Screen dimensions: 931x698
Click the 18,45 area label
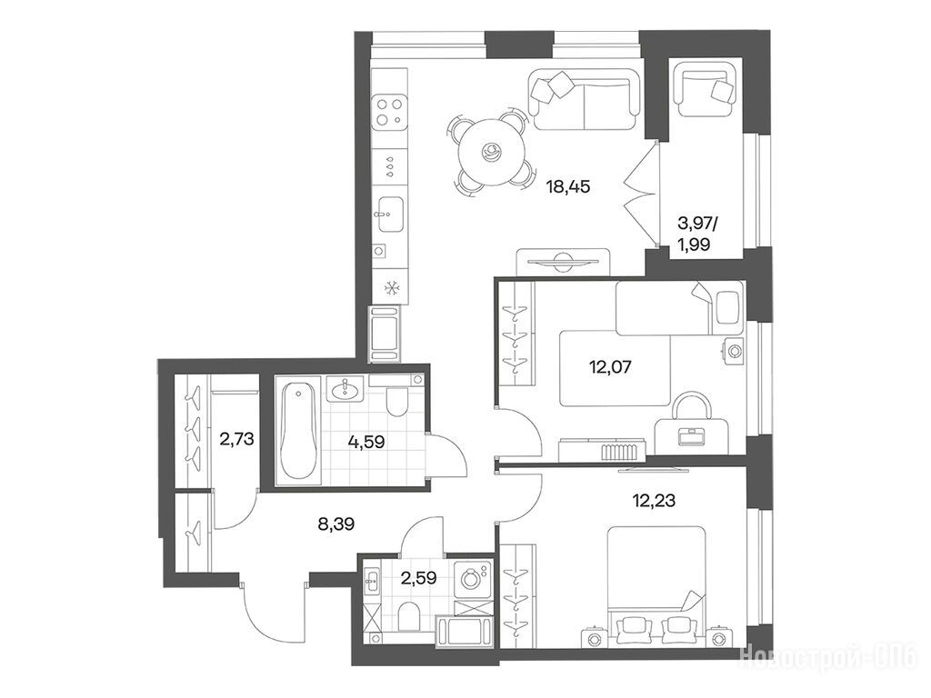pyautogui.click(x=568, y=187)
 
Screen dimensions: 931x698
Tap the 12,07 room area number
pyautogui.click(x=610, y=367)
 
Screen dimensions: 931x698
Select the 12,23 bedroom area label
pyautogui.click(x=654, y=501)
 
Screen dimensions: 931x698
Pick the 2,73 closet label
pyautogui.click(x=236, y=439)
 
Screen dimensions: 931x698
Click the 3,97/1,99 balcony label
pyautogui.click(x=697, y=234)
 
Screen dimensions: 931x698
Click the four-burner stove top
pyautogui.click(x=389, y=112)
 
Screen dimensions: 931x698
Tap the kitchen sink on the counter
pyautogui.click(x=390, y=214)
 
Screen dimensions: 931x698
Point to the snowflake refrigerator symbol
pyautogui.click(x=390, y=289)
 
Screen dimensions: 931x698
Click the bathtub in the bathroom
pyautogui.click(x=298, y=430)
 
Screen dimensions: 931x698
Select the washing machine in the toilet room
pyautogui.click(x=473, y=579)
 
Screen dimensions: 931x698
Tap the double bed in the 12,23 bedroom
pyautogui.click(x=656, y=584)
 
